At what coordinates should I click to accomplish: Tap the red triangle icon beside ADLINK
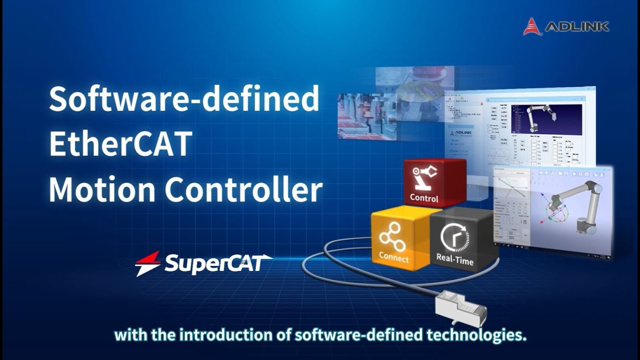tap(532, 26)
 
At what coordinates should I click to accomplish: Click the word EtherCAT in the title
tap(120, 144)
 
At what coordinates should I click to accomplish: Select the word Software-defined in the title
tap(184, 98)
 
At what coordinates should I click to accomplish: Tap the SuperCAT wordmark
tap(218, 263)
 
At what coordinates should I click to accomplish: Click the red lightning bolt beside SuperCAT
tap(148, 263)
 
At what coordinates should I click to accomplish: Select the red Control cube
tap(434, 182)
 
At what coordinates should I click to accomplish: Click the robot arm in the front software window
tap(575, 205)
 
